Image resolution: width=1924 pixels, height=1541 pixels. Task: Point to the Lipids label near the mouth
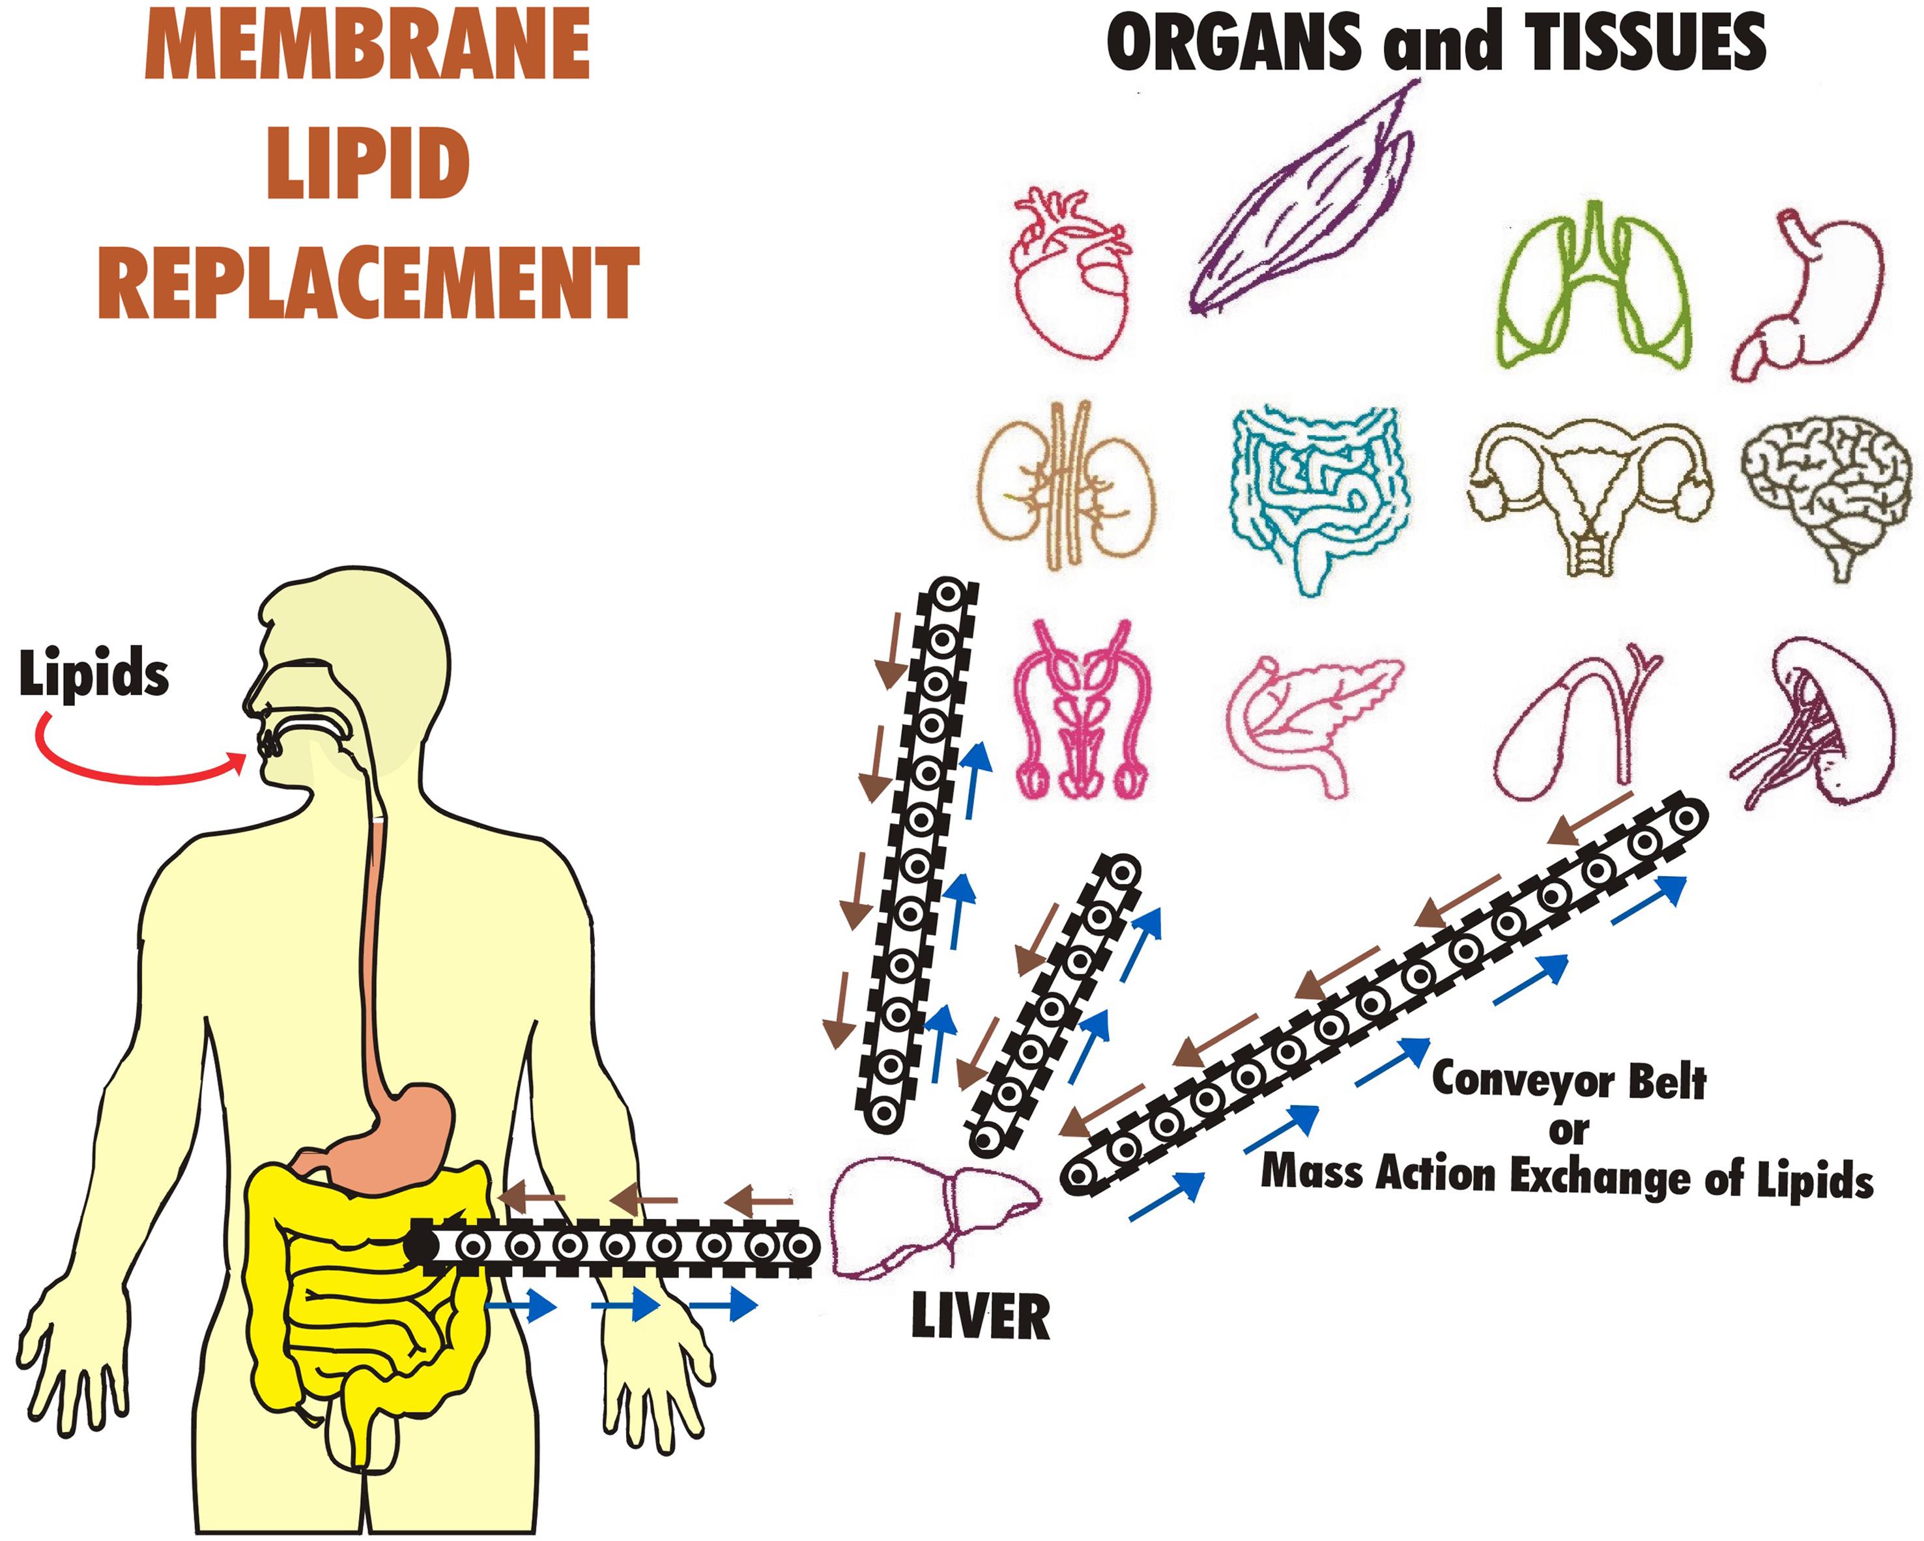(94, 675)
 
